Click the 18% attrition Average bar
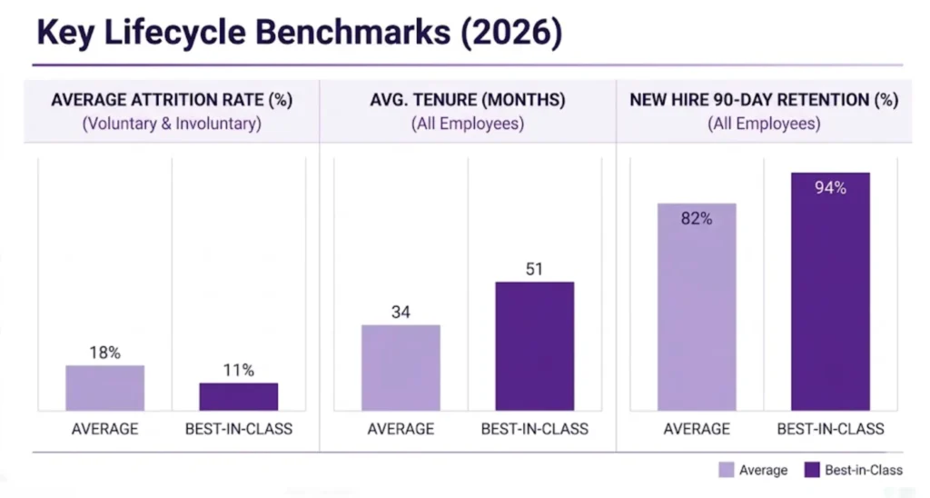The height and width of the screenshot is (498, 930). click(x=104, y=388)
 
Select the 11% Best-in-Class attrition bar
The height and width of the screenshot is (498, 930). click(x=239, y=396)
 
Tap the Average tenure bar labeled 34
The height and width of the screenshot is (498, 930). click(x=401, y=367)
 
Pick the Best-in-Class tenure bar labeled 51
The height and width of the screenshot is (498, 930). click(x=534, y=346)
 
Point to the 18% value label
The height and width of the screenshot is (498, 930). click(x=104, y=353)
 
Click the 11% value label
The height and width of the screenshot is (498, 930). click(x=239, y=370)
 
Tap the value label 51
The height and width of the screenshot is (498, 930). click(x=535, y=269)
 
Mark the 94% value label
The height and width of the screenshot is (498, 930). click(x=830, y=188)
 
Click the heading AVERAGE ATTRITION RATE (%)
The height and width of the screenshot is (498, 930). click(x=172, y=101)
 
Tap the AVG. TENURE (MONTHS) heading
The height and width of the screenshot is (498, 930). click(x=468, y=101)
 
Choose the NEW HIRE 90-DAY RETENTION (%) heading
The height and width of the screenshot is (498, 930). click(x=764, y=101)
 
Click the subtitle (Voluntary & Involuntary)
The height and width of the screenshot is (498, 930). click(x=172, y=124)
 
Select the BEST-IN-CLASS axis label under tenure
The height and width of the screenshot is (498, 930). click(x=535, y=428)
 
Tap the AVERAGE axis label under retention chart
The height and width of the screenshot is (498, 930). click(x=697, y=428)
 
